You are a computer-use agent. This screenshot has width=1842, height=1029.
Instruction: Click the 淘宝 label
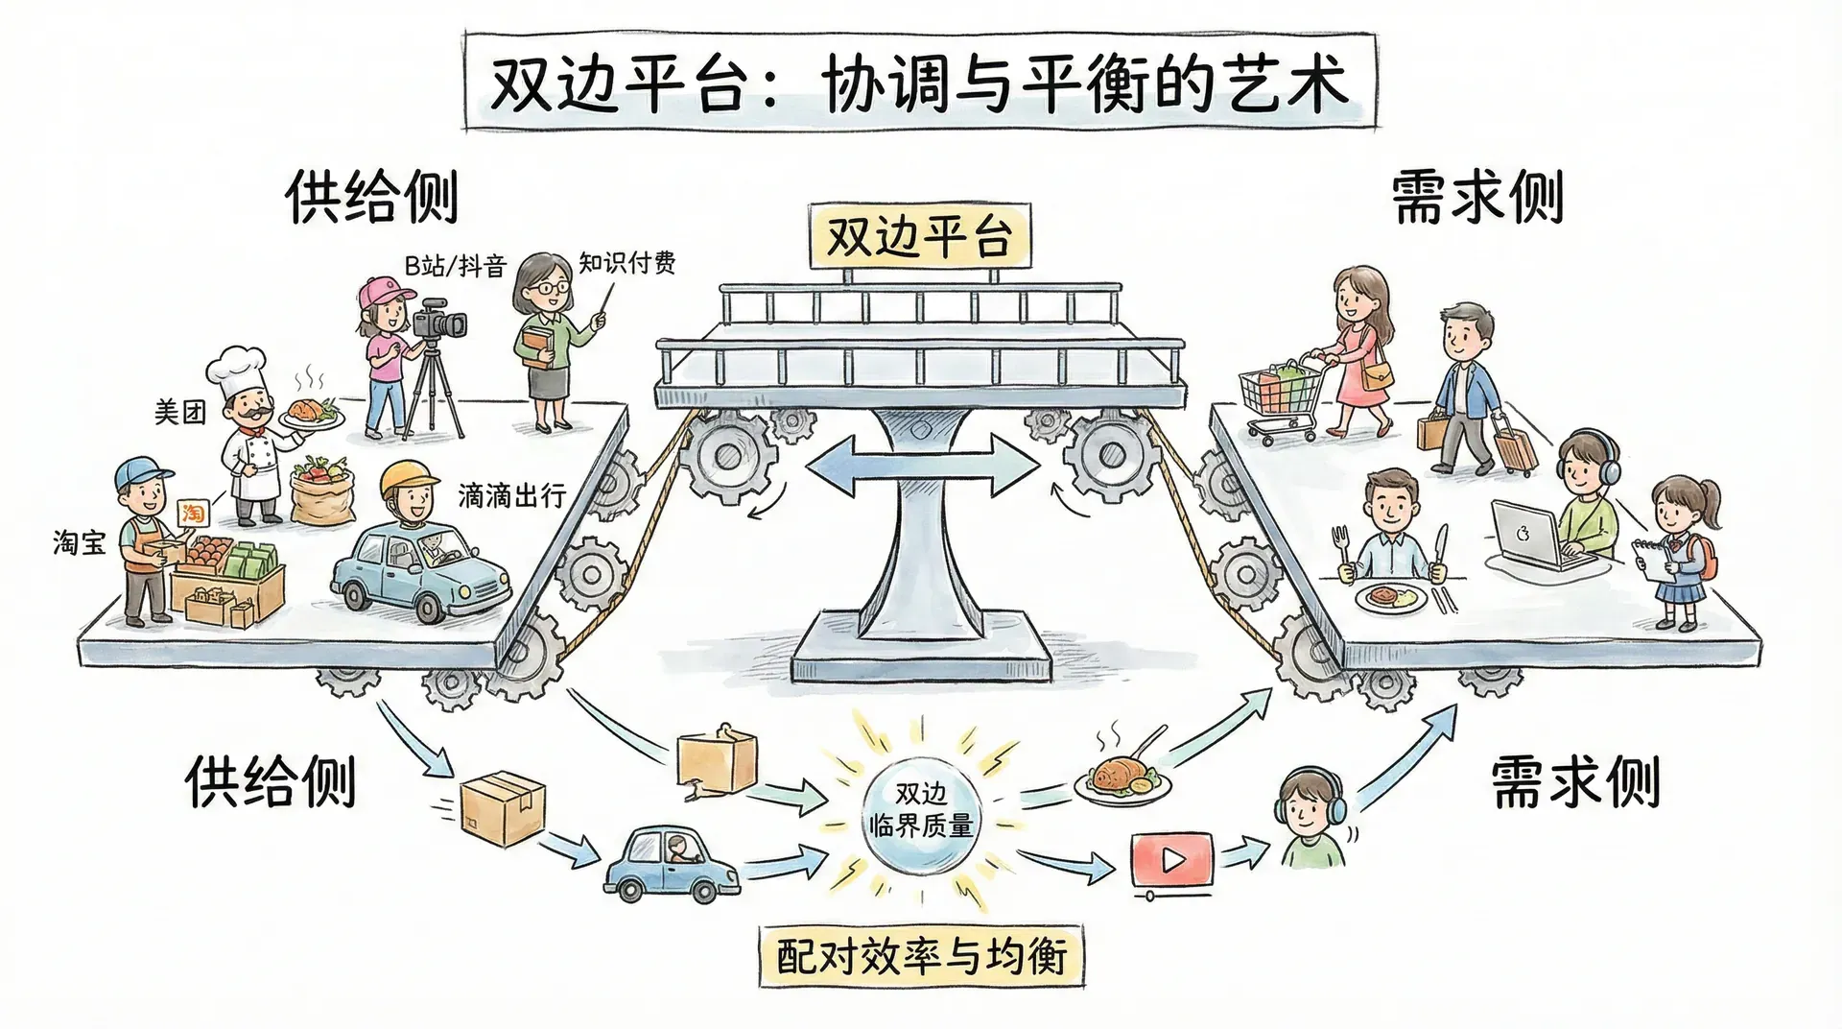coord(79,543)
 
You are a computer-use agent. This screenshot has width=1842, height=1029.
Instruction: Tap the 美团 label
coord(180,413)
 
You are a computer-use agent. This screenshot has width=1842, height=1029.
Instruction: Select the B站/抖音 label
coord(455,265)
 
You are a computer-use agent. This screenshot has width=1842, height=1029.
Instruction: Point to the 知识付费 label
coord(626,262)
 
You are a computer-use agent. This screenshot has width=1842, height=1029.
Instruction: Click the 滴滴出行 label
coord(511,496)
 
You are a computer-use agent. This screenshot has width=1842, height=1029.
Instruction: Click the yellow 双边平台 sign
coord(919,236)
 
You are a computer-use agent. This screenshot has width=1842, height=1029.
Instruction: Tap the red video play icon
coord(1171,860)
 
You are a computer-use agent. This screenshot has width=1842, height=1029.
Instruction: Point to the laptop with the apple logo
coord(1533,535)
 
